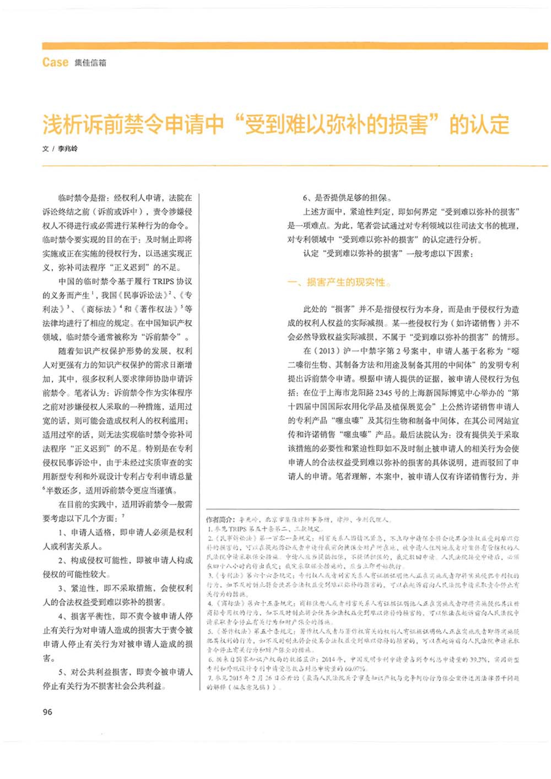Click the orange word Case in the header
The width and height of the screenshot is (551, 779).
click(55, 62)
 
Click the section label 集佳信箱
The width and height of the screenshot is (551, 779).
click(90, 63)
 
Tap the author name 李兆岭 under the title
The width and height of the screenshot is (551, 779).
click(68, 149)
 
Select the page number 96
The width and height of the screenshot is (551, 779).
click(47, 712)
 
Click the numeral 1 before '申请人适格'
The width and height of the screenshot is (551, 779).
click(62, 533)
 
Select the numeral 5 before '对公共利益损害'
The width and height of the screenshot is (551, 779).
click(62, 672)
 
